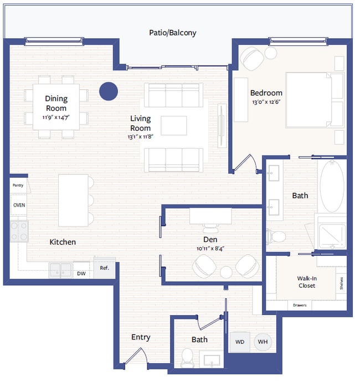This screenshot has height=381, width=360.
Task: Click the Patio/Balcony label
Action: [x=172, y=33]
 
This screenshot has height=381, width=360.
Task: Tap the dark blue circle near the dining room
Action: [x=109, y=91]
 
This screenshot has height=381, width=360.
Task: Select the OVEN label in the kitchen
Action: [x=18, y=205]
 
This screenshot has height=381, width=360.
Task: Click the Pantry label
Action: [x=18, y=186]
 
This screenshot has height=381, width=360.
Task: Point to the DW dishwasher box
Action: [x=81, y=273]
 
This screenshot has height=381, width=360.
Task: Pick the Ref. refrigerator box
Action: [x=105, y=268]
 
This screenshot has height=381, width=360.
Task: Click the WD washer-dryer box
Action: [x=240, y=342]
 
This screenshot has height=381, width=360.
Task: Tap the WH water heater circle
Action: [x=263, y=342]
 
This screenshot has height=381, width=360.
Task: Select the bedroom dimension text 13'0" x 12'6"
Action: [x=266, y=102]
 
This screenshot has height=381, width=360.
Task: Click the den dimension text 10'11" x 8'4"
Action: [x=210, y=249]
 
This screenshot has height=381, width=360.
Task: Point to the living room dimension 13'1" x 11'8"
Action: [x=140, y=137]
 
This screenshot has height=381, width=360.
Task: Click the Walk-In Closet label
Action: [x=306, y=282]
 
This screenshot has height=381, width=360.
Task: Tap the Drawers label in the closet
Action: [x=300, y=305]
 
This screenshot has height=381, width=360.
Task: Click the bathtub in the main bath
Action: [x=332, y=187]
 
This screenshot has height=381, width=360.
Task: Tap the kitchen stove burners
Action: [x=19, y=231]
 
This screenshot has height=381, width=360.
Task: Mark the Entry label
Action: [x=141, y=337]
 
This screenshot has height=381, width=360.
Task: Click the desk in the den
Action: [x=210, y=215]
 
